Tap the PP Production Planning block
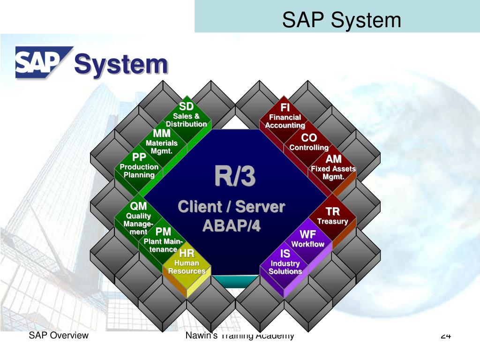click(x=139, y=166)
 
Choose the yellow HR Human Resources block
click(x=187, y=263)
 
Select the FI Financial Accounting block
click(x=285, y=117)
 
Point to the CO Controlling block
click(x=309, y=142)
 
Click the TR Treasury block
click(x=332, y=216)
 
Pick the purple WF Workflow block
click(x=308, y=239)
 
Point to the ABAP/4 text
click(x=231, y=226)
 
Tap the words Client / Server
click(x=231, y=207)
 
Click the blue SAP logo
click(x=43, y=61)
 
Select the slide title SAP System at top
click(x=341, y=20)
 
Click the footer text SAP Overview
click(x=59, y=335)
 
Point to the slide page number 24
click(x=445, y=336)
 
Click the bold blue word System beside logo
click(x=121, y=64)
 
